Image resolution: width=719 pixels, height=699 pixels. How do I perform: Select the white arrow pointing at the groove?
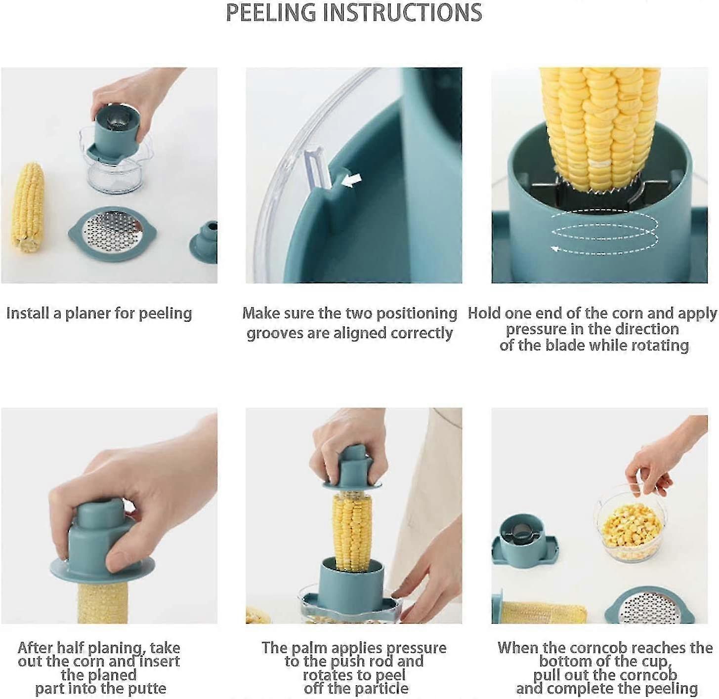[x=351, y=181]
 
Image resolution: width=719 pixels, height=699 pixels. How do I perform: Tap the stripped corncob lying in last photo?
[x=544, y=613]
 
